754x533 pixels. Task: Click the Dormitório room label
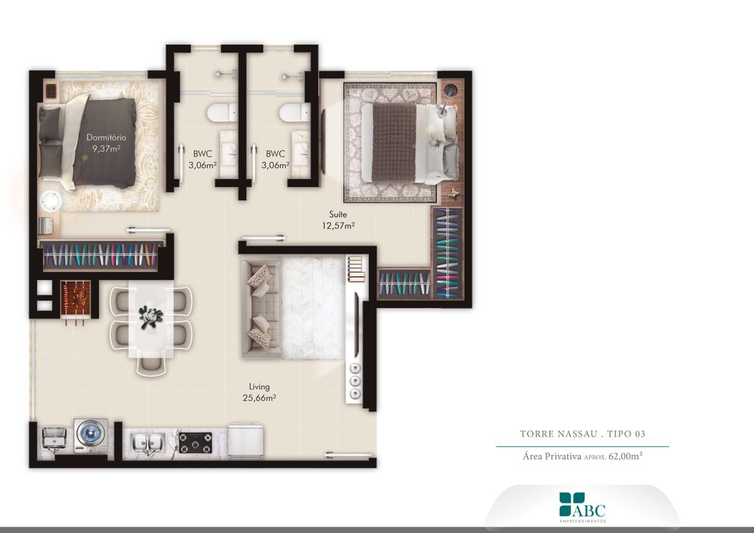click(x=106, y=138)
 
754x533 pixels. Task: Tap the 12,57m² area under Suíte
click(x=339, y=225)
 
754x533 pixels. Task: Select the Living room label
click(x=259, y=386)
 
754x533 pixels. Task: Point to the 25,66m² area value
click(x=259, y=398)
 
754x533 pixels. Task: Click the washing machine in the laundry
click(x=91, y=435)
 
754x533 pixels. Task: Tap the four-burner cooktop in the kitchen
click(x=195, y=442)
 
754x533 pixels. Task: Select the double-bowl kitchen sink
click(x=149, y=443)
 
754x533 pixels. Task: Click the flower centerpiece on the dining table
click(x=151, y=317)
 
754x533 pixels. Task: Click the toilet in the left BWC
click(x=222, y=113)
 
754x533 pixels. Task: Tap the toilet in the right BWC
click(x=295, y=113)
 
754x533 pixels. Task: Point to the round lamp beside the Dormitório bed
click(x=50, y=201)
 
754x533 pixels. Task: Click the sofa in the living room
click(x=260, y=309)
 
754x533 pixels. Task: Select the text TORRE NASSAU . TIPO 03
click(x=582, y=434)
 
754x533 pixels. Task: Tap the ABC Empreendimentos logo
click(x=582, y=507)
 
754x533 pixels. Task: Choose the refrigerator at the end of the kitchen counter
click(x=245, y=441)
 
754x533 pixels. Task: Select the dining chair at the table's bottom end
click(x=151, y=365)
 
